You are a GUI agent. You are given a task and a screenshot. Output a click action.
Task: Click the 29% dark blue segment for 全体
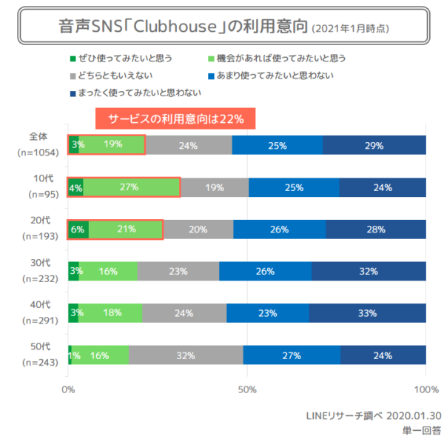point(374,145)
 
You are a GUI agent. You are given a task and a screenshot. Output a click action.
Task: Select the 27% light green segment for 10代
point(131,187)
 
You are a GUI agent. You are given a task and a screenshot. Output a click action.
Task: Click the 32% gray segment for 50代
point(186,355)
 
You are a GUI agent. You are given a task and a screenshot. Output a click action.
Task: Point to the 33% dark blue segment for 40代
point(367,313)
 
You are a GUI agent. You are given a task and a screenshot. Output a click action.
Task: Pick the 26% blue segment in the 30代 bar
point(266,272)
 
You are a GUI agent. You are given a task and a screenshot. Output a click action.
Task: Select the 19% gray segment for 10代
point(215,187)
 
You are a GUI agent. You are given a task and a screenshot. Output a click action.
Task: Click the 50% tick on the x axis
point(247,388)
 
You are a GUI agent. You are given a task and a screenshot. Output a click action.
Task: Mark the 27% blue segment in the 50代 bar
point(292,355)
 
